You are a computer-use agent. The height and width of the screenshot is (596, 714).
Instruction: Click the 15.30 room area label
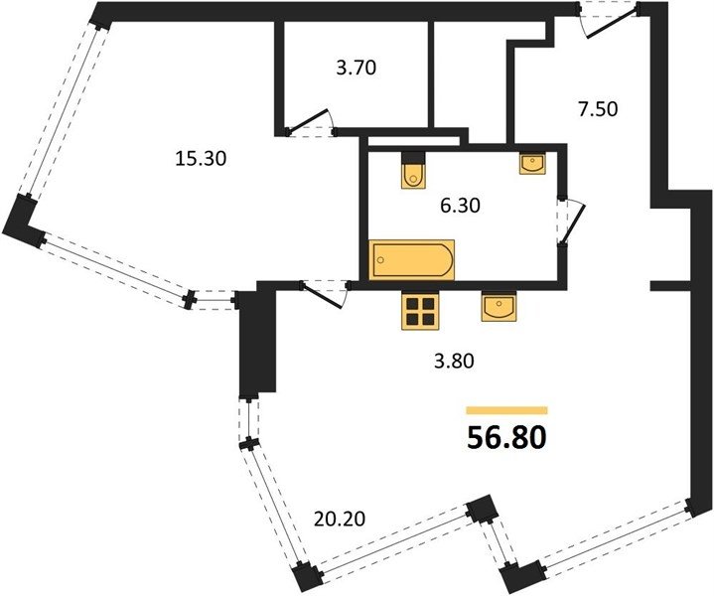(201, 159)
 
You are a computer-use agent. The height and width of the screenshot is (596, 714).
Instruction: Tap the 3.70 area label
(357, 68)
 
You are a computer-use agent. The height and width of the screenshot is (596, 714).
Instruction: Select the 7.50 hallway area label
(598, 109)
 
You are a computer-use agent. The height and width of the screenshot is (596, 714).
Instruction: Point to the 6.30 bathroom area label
(460, 206)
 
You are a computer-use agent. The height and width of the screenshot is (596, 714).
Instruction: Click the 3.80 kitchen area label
(454, 362)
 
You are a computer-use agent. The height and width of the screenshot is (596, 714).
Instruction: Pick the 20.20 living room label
(340, 519)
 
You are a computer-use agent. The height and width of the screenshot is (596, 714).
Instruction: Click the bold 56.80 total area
(506, 438)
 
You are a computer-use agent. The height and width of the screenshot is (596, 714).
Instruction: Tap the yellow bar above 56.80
(506, 410)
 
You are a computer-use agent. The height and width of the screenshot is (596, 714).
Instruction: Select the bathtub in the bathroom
(412, 259)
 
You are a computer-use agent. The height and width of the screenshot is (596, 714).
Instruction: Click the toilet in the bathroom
(414, 170)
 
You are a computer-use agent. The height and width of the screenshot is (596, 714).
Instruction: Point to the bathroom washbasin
(532, 163)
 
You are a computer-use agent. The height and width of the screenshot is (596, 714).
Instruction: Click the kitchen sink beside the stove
(499, 306)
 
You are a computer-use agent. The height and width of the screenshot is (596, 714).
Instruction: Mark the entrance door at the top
(608, 21)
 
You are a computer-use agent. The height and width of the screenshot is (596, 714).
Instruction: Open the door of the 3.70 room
(311, 123)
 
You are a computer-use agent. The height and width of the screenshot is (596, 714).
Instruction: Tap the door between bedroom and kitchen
(325, 294)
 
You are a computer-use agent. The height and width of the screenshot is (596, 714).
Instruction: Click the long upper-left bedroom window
(65, 110)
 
